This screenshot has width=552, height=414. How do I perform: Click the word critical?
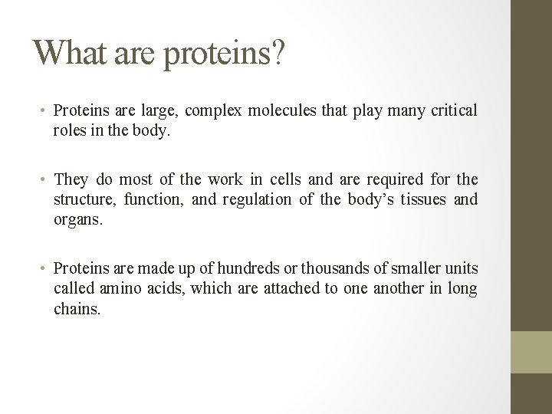click(452, 111)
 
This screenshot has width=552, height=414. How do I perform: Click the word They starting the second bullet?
click(71, 180)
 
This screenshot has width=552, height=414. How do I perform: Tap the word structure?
click(82, 199)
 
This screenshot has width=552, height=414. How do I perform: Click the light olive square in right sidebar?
click(531, 352)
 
